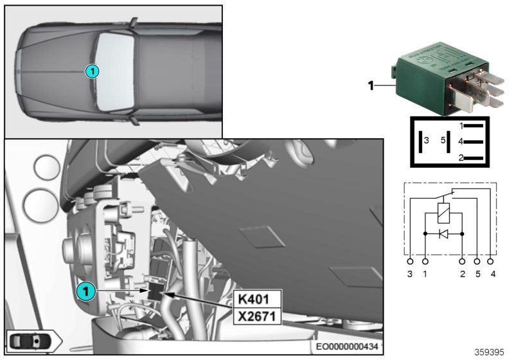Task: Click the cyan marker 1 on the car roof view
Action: (x=93, y=71)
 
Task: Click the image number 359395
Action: (x=489, y=352)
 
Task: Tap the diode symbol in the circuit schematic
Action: (x=443, y=234)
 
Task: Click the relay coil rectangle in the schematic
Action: (x=443, y=212)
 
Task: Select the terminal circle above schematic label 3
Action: (x=411, y=262)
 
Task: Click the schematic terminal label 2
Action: (x=462, y=274)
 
